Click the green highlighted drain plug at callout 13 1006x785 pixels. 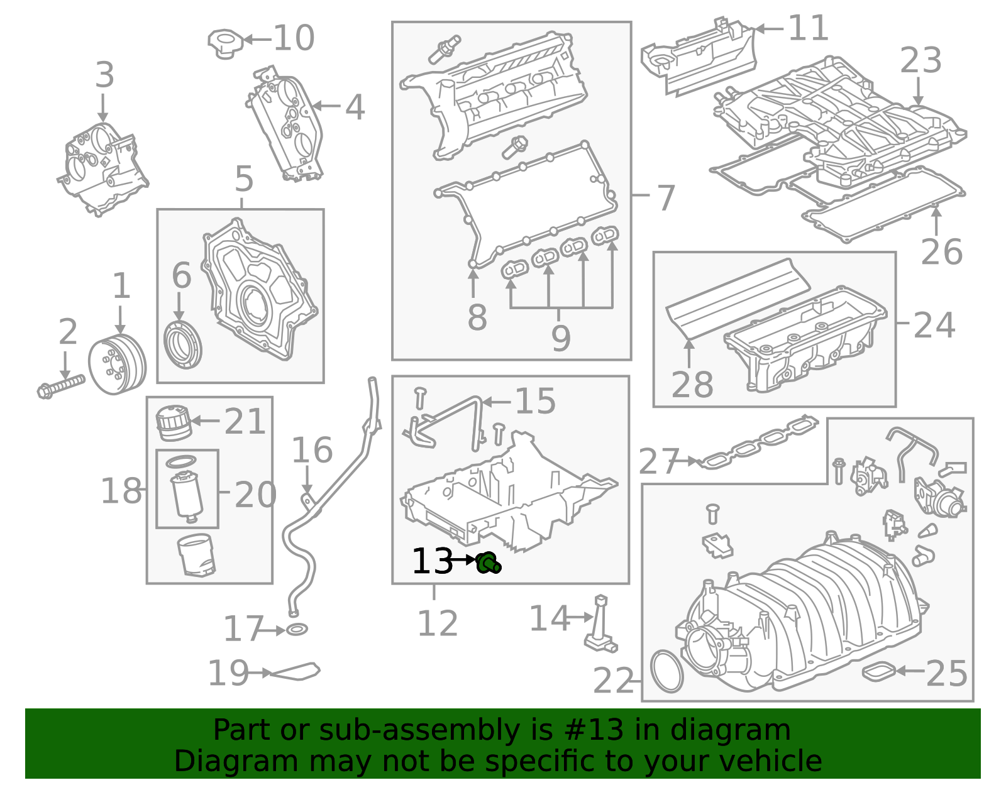pos(488,563)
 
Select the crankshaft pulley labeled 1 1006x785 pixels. pos(117,365)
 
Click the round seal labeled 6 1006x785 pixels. pos(183,345)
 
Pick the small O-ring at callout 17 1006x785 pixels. pos(297,629)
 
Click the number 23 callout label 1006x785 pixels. pos(920,61)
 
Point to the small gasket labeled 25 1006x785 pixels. pos(878,671)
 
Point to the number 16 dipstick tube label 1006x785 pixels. pos(312,451)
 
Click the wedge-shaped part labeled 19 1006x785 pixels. pos(296,672)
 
